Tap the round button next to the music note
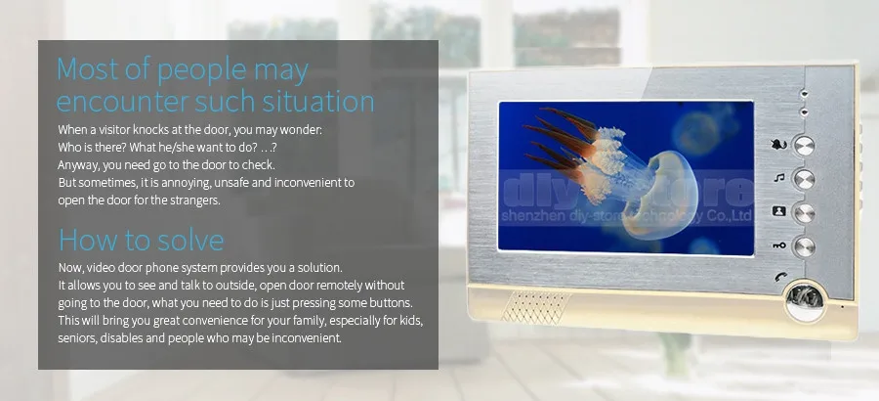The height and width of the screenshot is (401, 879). [804, 179]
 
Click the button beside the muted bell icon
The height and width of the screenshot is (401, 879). [805, 146]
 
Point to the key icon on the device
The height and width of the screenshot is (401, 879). [779, 246]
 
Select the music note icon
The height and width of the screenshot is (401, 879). [779, 178]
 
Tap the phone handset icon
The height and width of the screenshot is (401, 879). [781, 277]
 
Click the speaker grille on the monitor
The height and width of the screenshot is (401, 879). [536, 307]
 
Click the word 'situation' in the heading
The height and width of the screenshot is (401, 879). [325, 101]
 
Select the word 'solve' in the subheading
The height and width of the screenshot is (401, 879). [188, 240]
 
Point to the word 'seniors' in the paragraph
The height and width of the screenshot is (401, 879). [77, 338]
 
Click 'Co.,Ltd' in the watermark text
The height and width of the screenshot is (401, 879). [733, 216]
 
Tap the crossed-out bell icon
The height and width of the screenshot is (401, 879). [779, 145]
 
